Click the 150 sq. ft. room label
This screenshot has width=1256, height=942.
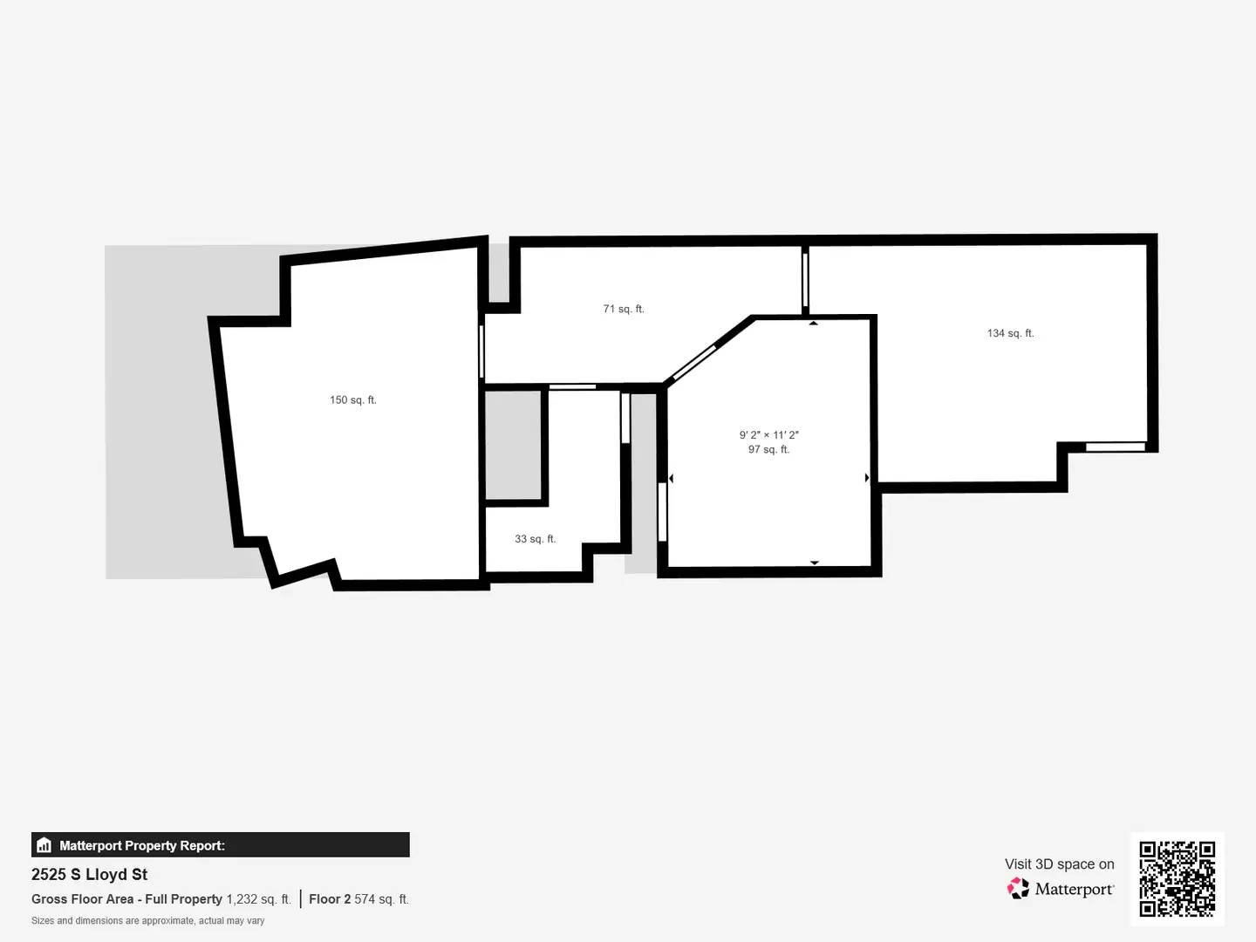352,400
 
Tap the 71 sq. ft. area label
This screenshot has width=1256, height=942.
623,309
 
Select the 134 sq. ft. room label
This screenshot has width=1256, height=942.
1010,333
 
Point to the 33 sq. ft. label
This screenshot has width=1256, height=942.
535,539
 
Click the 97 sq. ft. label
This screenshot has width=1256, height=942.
768,450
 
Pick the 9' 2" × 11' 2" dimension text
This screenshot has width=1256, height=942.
768,434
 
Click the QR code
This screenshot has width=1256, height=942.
1177,878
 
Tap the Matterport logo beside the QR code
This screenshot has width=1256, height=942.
1061,889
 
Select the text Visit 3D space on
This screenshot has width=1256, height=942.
1059,863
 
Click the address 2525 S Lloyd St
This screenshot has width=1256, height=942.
89,874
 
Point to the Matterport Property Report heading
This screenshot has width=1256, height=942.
141,845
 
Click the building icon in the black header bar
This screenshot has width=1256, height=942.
44,845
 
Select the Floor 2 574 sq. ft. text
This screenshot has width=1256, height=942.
358,899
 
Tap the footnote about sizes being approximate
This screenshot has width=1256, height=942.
147,921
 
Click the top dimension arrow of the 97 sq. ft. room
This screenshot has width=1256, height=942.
813,324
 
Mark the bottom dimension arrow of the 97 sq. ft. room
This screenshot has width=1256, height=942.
814,563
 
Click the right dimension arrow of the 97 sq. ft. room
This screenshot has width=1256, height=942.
866,478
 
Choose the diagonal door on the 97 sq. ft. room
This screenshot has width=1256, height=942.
694,362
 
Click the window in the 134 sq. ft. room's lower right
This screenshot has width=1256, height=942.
1115,447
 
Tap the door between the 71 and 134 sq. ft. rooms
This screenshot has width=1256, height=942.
805,279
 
